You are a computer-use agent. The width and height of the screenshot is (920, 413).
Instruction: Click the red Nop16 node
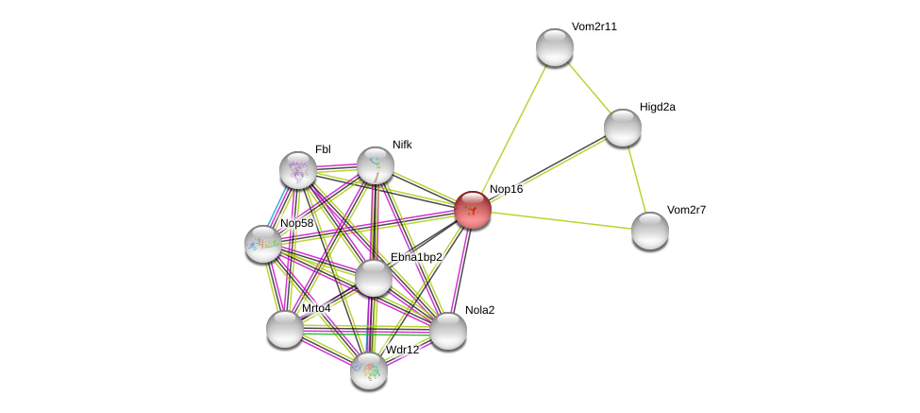[472, 209]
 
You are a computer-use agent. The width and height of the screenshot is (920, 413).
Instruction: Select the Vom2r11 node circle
[555, 47]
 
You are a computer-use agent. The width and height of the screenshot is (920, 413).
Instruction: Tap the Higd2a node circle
[623, 128]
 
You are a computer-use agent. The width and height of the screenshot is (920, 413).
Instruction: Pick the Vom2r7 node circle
[650, 231]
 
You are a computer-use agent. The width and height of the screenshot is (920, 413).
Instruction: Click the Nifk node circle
[376, 165]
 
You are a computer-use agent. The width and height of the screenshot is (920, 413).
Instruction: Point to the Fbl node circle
[298, 170]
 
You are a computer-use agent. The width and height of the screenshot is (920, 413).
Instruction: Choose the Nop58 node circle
[263, 244]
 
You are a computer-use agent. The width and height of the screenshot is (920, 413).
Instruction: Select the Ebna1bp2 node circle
[374, 278]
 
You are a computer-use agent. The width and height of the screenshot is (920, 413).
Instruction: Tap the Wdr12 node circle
[369, 370]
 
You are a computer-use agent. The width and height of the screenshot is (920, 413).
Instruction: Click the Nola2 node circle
[448, 331]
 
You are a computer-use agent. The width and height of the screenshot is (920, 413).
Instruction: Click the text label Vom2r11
[594, 26]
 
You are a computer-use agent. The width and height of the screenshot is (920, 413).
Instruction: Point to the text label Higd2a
[658, 107]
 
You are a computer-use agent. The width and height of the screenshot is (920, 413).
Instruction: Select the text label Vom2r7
[686, 210]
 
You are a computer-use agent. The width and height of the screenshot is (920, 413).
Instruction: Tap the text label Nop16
[506, 189]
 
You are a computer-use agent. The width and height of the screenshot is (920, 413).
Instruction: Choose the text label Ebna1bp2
[416, 257]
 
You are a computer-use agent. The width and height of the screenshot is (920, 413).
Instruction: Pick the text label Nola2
[479, 310]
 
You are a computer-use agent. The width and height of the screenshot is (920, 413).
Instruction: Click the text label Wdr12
[402, 350]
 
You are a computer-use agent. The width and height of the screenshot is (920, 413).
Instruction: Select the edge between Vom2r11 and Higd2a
[589, 87]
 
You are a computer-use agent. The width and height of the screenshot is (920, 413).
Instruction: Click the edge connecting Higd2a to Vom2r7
[636, 179]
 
